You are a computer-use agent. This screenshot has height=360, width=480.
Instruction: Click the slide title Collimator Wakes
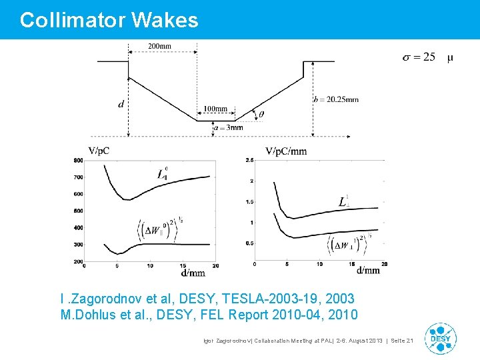point(109,20)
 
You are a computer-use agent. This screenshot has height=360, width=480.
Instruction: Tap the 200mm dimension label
point(159,46)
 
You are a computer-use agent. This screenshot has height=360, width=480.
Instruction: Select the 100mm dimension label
point(215,109)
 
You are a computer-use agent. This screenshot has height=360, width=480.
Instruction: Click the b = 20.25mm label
point(336,99)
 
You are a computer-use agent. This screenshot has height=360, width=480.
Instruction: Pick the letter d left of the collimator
point(121,104)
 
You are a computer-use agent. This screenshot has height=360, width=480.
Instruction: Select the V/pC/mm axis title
point(286,151)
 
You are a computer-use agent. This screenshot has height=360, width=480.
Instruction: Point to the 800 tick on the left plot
point(78,160)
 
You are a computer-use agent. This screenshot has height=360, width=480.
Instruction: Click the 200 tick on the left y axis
point(78,261)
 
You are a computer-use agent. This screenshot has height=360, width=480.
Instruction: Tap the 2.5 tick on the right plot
point(249,160)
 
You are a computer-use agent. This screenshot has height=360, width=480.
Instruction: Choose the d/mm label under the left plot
point(193,272)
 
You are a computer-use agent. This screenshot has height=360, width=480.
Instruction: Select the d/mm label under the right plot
point(368,271)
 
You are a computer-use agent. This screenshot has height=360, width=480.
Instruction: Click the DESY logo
point(441,338)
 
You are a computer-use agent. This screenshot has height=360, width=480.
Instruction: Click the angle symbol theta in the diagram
point(261,114)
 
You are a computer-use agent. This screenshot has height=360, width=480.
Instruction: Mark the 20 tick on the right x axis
point(383,264)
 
